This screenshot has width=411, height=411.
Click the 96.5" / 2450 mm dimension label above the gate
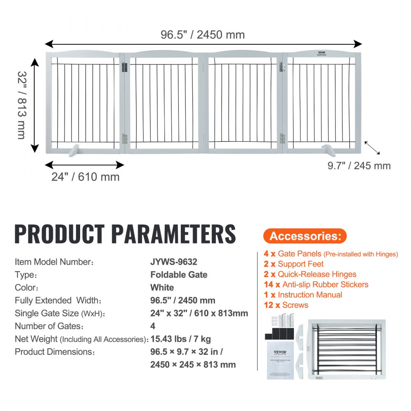(x=203, y=35)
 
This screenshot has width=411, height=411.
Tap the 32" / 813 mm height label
(x=22, y=105)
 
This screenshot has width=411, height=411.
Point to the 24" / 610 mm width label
(x=85, y=177)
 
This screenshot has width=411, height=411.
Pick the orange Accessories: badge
(x=305, y=236)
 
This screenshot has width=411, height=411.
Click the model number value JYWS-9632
(x=177, y=262)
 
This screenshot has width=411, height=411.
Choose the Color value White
(x=162, y=287)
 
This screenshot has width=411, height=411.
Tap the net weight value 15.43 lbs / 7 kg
(x=181, y=339)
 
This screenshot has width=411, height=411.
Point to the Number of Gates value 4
(x=153, y=326)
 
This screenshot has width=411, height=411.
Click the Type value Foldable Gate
(x=179, y=275)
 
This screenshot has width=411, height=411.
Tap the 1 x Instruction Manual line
(x=302, y=295)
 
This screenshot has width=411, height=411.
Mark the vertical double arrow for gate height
(x=35, y=105)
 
